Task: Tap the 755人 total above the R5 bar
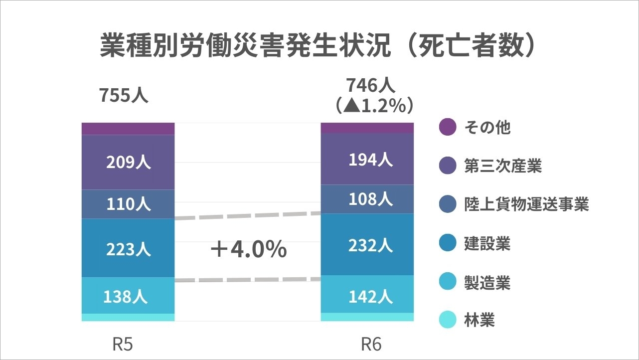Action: tap(123, 95)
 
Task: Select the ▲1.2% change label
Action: tap(374, 105)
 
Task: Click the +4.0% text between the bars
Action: tap(248, 249)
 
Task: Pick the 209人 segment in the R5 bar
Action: tap(128, 163)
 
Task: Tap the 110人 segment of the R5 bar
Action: tap(128, 204)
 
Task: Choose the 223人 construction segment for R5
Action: tap(128, 248)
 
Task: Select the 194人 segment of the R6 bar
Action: tap(370, 160)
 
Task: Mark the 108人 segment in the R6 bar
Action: tap(370, 199)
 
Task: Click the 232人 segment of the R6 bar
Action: tap(370, 245)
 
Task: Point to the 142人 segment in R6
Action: tap(370, 296)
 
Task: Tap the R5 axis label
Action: tap(123, 345)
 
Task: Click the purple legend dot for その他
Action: tap(448, 127)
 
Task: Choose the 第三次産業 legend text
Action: tap(503, 166)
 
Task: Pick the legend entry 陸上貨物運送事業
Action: tap(526, 204)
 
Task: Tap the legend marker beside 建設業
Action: tap(448, 243)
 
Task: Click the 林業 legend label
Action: tap(479, 320)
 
